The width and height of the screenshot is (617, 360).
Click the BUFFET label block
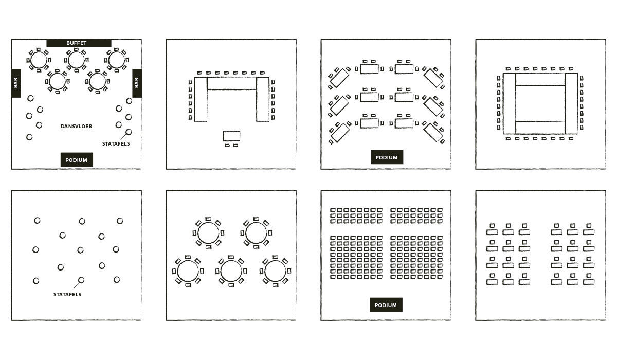click(79, 43)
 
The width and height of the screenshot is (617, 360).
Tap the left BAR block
click(16, 83)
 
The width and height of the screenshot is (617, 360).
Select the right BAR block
click(137, 83)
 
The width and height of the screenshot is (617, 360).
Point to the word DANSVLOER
click(76, 127)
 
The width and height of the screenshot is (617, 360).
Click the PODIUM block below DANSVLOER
click(77, 160)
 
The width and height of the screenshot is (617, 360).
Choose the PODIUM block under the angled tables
click(387, 157)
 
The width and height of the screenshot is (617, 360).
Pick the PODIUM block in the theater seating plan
click(386, 304)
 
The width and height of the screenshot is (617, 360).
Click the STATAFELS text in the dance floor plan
click(116, 144)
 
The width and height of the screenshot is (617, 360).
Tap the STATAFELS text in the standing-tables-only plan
click(67, 295)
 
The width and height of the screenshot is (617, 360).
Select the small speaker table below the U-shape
click(231, 136)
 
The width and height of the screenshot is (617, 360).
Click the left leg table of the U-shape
click(201, 99)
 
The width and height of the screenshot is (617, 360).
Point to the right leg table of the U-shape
click(263, 99)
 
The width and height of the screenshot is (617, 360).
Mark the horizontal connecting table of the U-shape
click(232, 83)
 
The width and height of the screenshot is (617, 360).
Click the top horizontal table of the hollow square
click(540, 79)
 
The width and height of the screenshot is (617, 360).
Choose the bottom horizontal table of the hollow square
click(540, 128)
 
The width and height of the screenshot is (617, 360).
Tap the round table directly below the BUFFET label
click(76, 60)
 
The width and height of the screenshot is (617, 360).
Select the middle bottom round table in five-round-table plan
click(231, 271)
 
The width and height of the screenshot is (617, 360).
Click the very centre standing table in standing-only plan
click(80, 250)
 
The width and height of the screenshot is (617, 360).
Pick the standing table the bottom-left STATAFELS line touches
click(81, 280)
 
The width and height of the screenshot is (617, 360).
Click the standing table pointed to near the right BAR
click(129, 132)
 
